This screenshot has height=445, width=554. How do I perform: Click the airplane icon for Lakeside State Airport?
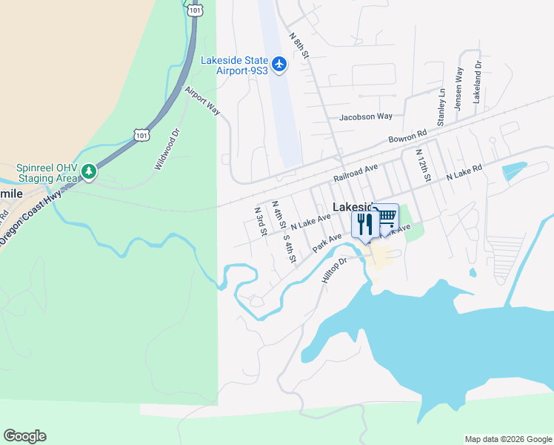(x=279, y=65)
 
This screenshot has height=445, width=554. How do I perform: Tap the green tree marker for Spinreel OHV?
(x=89, y=172)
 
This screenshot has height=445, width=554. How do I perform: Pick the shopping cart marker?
(x=386, y=217)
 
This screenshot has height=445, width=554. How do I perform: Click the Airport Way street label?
(x=202, y=101)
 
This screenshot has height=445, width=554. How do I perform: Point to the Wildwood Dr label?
(x=167, y=150)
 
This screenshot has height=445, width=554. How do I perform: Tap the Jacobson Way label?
(x=365, y=116)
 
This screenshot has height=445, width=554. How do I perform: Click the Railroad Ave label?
(x=356, y=174)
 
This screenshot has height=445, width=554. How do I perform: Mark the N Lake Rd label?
(x=464, y=173)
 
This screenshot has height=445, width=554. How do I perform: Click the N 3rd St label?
(x=260, y=221)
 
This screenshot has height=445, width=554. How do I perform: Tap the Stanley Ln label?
(x=441, y=107)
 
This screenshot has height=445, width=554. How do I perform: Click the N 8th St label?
(x=298, y=47)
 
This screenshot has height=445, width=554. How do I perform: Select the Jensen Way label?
(x=459, y=89)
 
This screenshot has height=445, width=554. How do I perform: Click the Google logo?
(x=24, y=436)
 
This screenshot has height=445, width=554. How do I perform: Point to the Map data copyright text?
(x=507, y=439)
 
